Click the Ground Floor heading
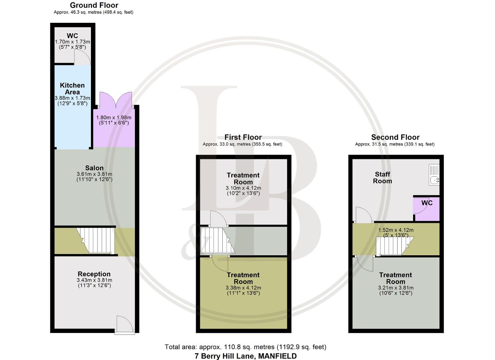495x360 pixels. point(94,5)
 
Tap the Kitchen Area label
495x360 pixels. point(72,89)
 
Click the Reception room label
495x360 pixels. point(94,274)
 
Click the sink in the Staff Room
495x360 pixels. point(434,175)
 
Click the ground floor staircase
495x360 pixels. point(96,240)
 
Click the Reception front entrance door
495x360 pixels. point(125,325)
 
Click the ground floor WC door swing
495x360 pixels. point(82,58)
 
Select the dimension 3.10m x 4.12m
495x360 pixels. point(243,188)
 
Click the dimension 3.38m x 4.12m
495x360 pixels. point(243,288)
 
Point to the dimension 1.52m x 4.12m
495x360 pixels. point(396,230)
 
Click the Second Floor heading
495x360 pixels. point(395,137)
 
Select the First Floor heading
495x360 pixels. point(243,137)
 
